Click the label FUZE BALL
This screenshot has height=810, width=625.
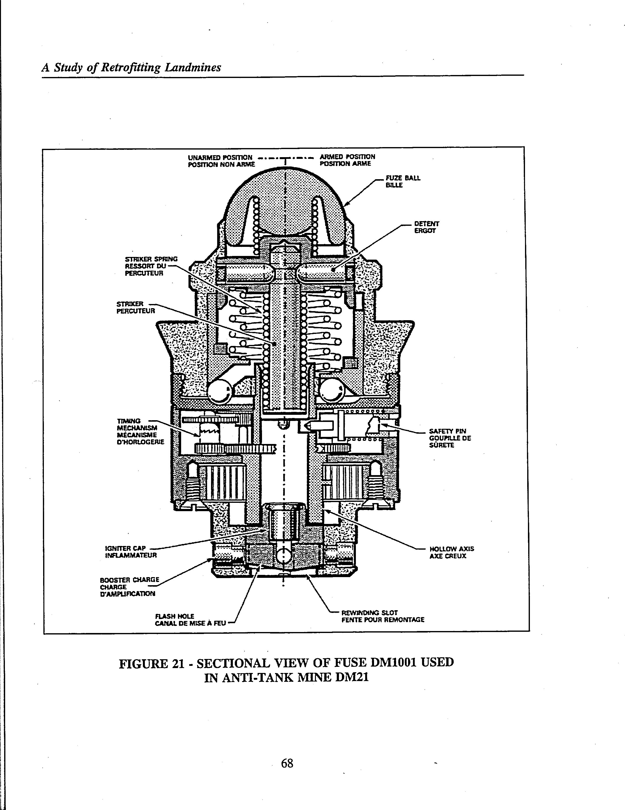point(403,178)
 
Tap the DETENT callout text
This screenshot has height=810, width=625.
point(426,224)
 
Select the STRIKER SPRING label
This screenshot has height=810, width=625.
point(151,259)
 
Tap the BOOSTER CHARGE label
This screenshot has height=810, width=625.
point(129,579)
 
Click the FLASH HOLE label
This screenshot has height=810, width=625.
point(175,616)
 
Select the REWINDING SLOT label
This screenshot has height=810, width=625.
point(369,612)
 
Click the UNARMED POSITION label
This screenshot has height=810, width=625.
point(220,157)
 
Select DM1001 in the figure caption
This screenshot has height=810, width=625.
point(395,662)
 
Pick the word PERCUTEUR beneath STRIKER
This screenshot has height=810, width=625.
point(136,311)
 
